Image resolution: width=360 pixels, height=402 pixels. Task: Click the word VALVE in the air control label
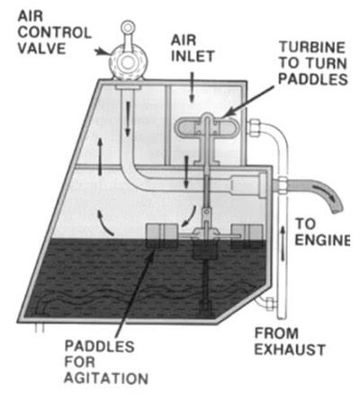41,49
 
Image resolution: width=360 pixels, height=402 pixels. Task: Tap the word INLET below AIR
193,56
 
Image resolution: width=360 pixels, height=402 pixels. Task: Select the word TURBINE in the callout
312,48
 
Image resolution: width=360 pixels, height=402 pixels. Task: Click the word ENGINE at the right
322,240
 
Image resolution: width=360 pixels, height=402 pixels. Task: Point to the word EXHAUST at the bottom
290,350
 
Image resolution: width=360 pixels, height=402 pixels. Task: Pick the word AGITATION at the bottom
106,378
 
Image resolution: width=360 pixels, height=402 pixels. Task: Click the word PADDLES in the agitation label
99,346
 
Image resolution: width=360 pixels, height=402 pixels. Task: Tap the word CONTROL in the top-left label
54,32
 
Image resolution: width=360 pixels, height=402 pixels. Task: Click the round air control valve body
128,62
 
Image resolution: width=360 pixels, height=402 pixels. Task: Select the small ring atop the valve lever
128,28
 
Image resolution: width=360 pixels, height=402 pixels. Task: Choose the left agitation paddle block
161,236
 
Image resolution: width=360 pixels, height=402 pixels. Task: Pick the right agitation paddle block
247,237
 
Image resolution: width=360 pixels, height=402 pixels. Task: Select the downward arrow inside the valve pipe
128,119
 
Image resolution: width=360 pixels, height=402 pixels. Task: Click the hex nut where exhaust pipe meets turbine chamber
254,128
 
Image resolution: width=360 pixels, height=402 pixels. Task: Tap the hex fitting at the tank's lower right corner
270,304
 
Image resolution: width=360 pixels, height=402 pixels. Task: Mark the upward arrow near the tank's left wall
100,156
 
